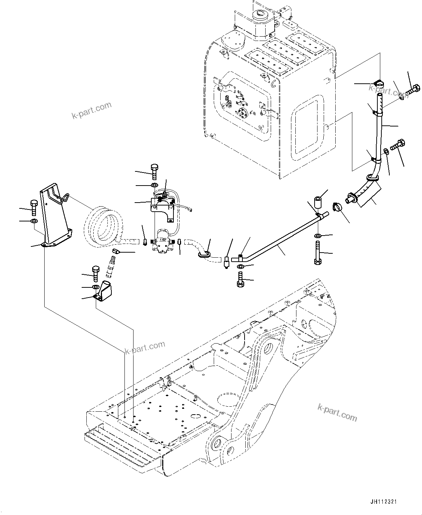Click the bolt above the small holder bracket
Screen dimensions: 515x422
[95, 273]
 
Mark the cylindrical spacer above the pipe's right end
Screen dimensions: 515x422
[318, 202]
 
